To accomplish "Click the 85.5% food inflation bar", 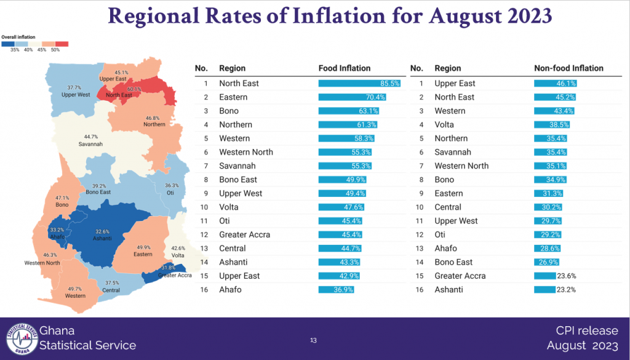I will (x=359, y=83).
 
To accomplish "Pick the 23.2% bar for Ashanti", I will (x=544, y=290).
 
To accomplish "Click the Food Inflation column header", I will (x=345, y=68).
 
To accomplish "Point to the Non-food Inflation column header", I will (x=568, y=68).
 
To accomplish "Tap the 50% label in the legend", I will (x=55, y=50).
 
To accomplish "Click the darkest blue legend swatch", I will (x=8, y=44).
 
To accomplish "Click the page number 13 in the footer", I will (x=313, y=340).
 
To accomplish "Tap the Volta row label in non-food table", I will (x=444, y=124).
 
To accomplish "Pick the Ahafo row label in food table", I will (x=230, y=290).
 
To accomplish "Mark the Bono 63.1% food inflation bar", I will (x=349, y=111).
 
